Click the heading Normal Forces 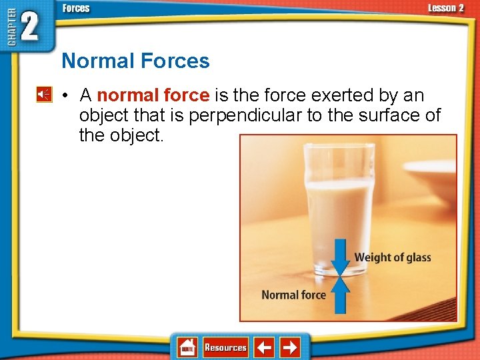[x=135, y=61]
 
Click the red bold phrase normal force [x=153, y=95]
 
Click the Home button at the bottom [x=187, y=347]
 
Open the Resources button [x=225, y=347]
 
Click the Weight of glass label [x=393, y=257]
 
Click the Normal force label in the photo [x=293, y=295]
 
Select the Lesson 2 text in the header [x=445, y=8]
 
